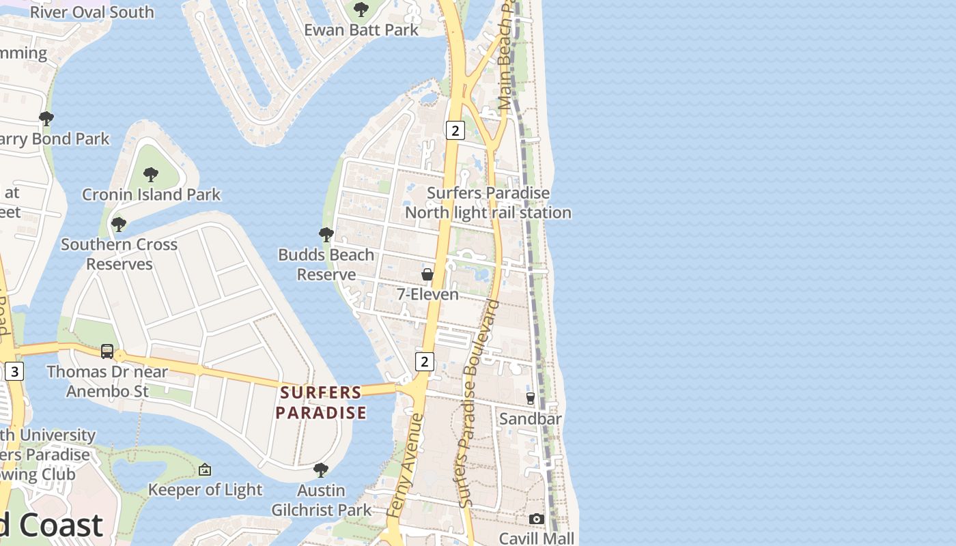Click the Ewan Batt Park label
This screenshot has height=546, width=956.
coord(361,30)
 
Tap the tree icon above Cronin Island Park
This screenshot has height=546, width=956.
coord(151,175)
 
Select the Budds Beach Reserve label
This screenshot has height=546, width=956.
coord(326,264)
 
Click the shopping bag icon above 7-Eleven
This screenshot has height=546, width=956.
coord(427,274)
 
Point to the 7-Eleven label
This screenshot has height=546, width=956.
coord(427,294)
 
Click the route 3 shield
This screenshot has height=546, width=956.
coord(14,371)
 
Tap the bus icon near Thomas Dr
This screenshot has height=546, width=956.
coord(107,351)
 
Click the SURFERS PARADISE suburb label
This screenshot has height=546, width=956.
coord(321,403)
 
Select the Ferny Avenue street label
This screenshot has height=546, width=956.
coord(405,464)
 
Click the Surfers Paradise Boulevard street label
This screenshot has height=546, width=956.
coord(478,403)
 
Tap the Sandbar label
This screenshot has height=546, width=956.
coord(530,418)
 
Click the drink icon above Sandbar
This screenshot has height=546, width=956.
coord(531,398)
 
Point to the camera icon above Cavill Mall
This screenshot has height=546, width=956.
coord(536,519)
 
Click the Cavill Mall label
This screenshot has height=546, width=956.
coord(537,538)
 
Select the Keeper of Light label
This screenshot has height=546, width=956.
coord(205,489)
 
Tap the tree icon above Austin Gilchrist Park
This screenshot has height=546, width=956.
coord(320,470)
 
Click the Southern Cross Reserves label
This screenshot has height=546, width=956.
coord(119,254)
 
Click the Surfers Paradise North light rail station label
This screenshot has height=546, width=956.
coord(488,203)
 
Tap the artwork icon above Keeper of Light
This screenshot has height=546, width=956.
coord(205,470)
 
